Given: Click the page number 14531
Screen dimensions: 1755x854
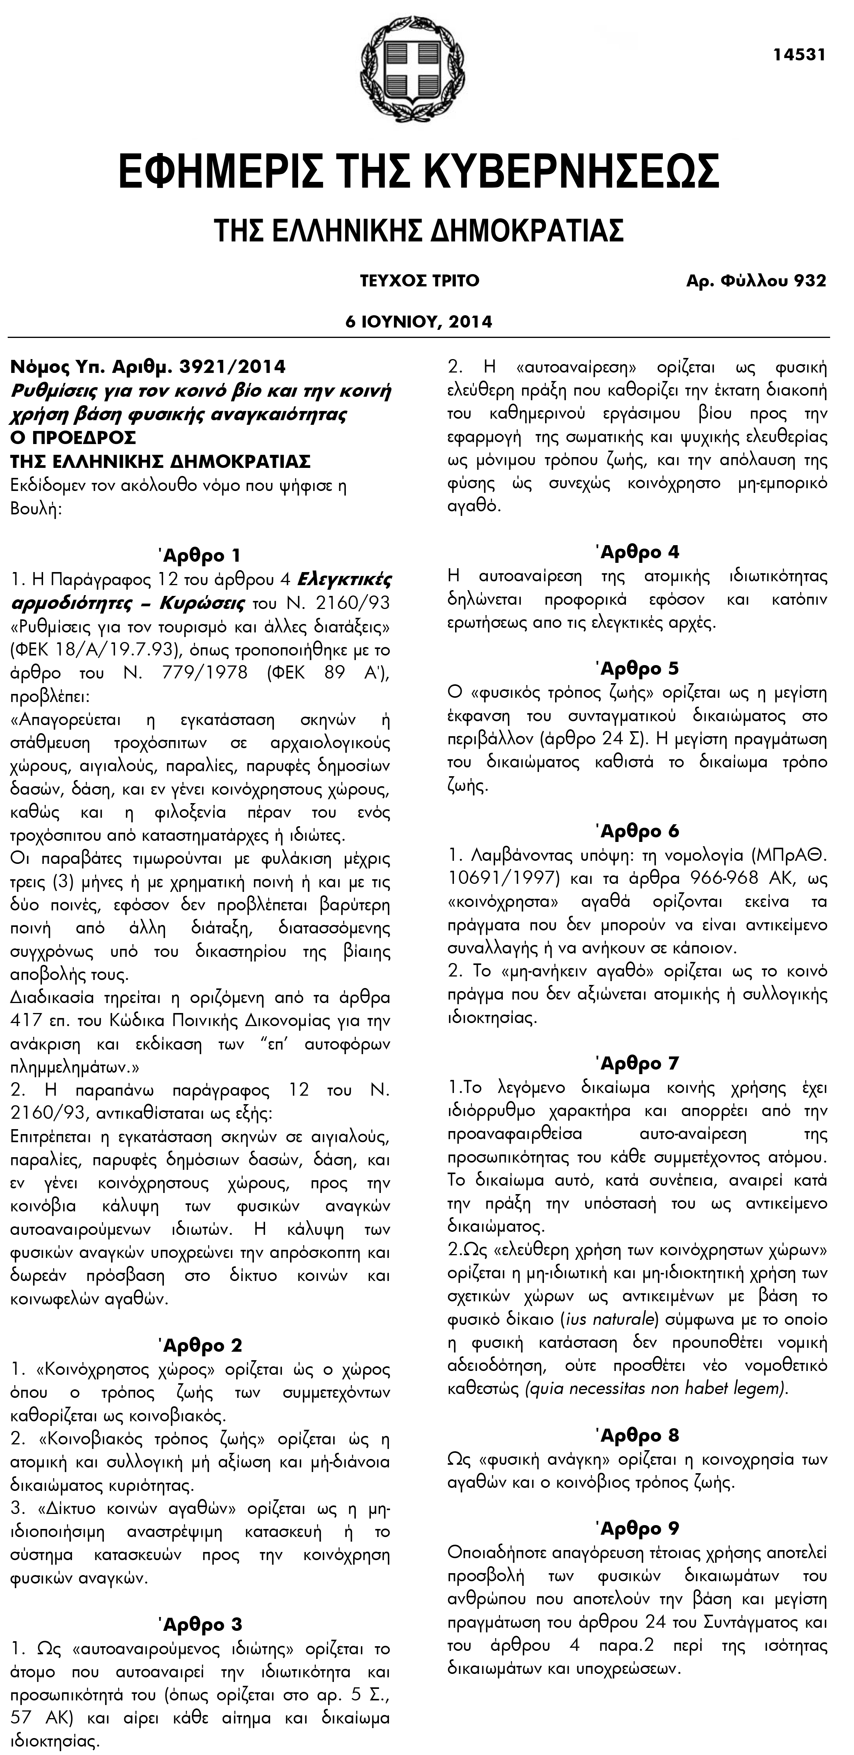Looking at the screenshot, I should point(799,55).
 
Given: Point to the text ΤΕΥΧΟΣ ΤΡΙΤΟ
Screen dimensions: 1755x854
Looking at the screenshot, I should point(419,281).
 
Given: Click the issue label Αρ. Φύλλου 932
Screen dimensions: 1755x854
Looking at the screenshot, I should point(756,281).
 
